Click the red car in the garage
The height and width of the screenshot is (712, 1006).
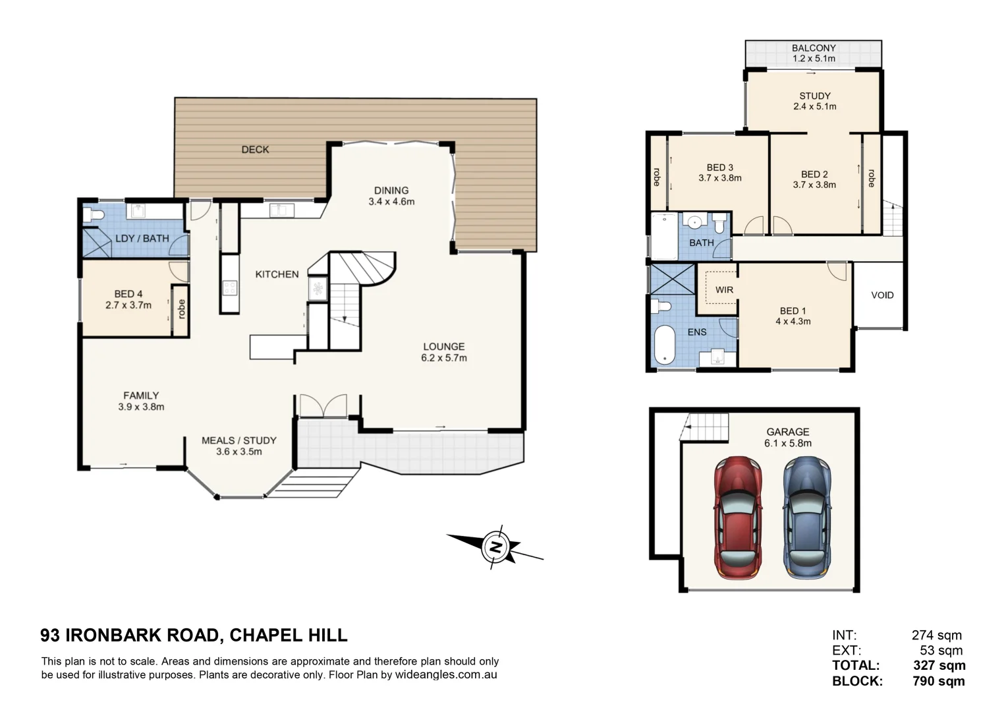(738, 518)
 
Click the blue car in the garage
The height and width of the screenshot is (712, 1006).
(806, 518)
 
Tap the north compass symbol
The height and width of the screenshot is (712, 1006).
(496, 547)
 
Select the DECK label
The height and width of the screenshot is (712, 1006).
(255, 150)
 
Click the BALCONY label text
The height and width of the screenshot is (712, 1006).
(814, 48)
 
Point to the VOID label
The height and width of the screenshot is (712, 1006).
(882, 295)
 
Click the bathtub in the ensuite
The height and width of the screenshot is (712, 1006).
(665, 345)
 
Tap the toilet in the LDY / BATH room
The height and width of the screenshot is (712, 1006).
(94, 214)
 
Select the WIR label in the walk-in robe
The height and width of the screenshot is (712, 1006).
(724, 289)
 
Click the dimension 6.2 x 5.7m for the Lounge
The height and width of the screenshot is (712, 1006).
(443, 358)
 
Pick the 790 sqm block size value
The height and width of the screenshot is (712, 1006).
(938, 681)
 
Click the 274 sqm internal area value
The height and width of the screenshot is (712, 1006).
(936, 636)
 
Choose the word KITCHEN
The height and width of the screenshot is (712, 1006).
(277, 274)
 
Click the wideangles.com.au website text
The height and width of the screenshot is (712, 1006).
(446, 675)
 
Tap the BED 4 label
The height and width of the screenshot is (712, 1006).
(128, 294)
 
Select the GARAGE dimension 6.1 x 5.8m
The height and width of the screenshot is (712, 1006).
(787, 443)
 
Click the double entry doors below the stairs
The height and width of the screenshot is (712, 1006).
(323, 406)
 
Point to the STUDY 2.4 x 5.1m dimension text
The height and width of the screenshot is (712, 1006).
(814, 106)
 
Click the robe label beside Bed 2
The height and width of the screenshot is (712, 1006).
(871, 178)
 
